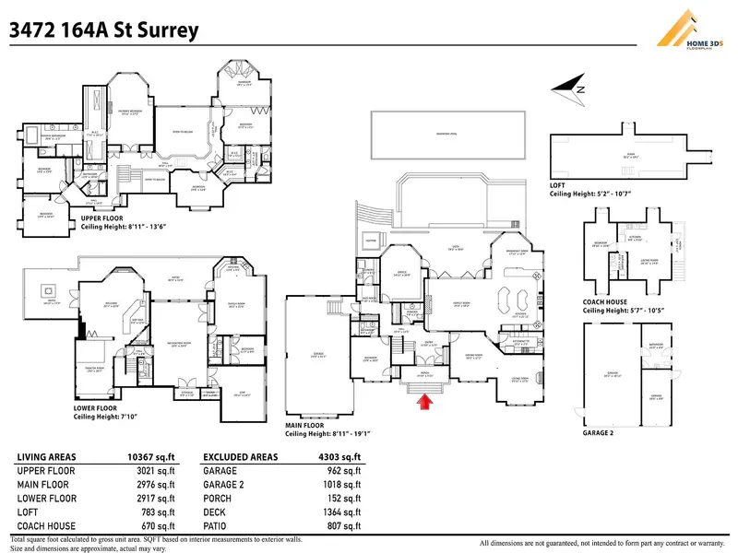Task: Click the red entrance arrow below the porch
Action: [425, 400]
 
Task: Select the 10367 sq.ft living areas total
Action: [148, 457]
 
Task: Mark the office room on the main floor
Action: [400, 272]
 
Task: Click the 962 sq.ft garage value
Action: [345, 471]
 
